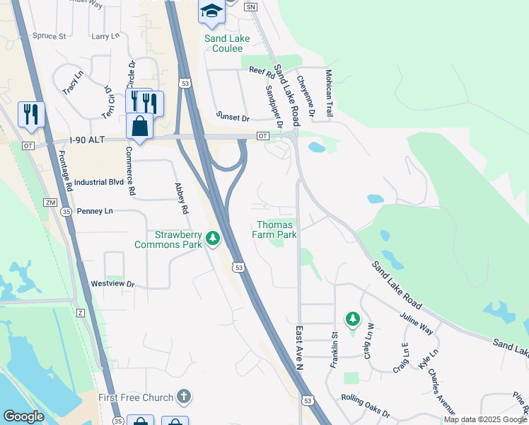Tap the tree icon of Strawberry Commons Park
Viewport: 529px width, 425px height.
point(212,239)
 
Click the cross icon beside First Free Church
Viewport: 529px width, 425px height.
point(183,397)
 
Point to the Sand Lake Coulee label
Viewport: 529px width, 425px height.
point(223,43)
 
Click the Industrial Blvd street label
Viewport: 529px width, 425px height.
point(98,182)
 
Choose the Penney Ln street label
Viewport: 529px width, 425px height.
point(94,211)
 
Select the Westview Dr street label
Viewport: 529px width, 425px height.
point(112,284)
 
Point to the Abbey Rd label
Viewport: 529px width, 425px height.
point(182,199)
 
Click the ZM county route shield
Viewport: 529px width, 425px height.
point(50,203)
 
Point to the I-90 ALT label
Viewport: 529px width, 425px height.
point(87,141)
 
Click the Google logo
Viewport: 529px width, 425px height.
point(23,416)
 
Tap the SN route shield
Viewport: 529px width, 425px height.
point(250,6)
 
